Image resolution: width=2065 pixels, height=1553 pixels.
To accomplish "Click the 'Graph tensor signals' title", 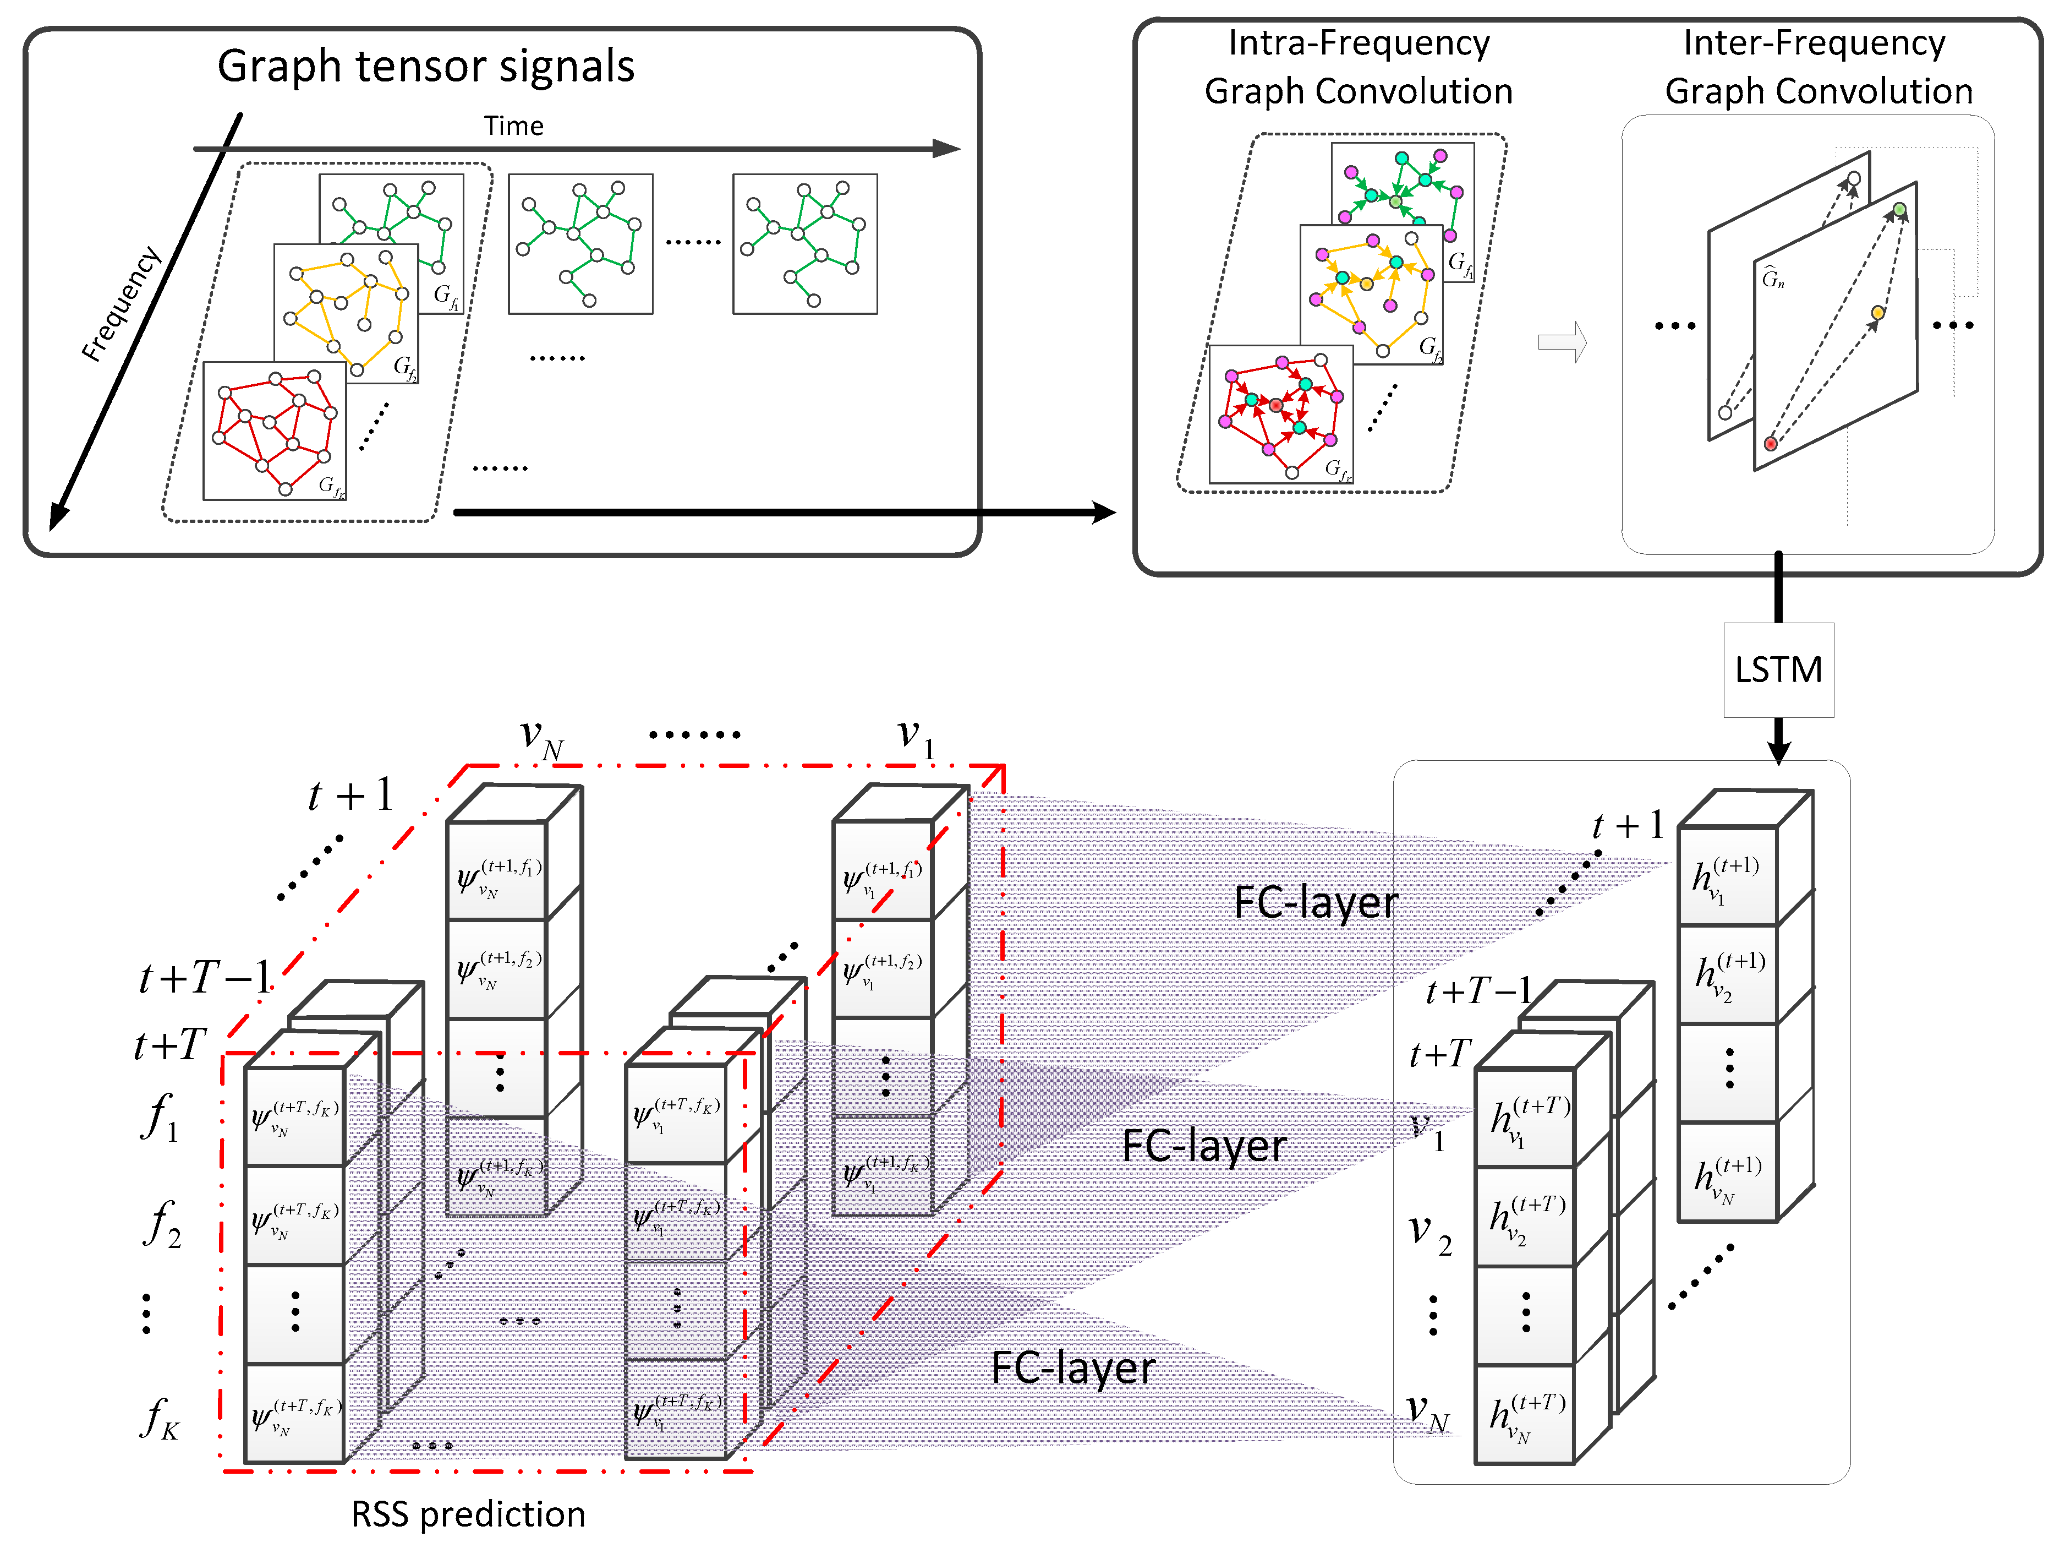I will pyautogui.click(x=426, y=66).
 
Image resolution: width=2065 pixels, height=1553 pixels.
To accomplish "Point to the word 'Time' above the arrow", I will pyautogui.click(x=513, y=126).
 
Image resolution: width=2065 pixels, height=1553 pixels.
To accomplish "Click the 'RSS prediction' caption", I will pyautogui.click(x=468, y=1514).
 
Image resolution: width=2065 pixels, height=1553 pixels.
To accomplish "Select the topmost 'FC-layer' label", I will pyautogui.click(x=1316, y=902).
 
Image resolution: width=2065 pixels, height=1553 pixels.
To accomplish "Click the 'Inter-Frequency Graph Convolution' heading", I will pyautogui.click(x=1817, y=67).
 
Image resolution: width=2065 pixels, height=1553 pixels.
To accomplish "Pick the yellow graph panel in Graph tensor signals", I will pyautogui.click(x=346, y=308).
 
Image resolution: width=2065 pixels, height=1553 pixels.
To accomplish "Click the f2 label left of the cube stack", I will pyautogui.click(x=162, y=1223).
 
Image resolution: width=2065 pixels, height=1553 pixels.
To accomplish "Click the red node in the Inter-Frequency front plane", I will pyautogui.click(x=1770, y=444).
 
